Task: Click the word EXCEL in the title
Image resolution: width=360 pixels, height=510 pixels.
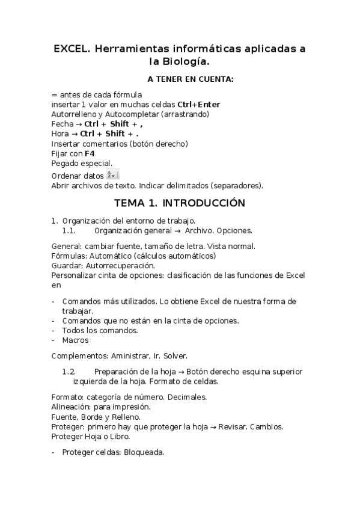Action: click(71, 49)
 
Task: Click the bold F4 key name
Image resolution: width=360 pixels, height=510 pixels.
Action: click(90, 153)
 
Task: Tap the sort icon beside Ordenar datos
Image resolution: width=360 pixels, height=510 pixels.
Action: click(112, 174)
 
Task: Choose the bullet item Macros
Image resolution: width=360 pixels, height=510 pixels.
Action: click(75, 340)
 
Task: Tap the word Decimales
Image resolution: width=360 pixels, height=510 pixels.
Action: click(187, 397)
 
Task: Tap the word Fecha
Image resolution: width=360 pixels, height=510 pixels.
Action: click(62, 124)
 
